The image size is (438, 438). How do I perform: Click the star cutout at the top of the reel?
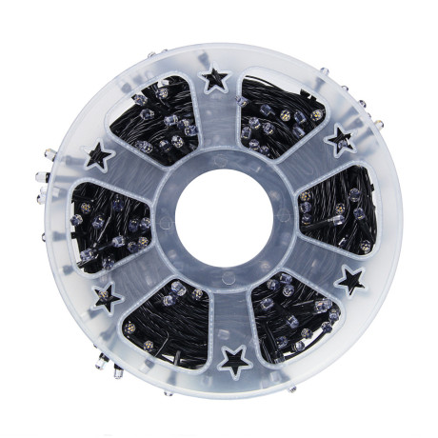point(215,78)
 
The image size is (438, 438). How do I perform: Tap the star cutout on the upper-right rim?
point(340,141)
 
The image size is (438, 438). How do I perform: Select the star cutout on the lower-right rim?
point(350,280)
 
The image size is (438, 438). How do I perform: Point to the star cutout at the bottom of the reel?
point(232,359)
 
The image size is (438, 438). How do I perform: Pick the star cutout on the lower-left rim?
point(108,297)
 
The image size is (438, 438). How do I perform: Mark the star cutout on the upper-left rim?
point(99,154)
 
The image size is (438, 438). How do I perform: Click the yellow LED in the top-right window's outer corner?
point(317,114)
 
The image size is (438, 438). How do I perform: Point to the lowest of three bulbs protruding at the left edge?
point(43,197)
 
